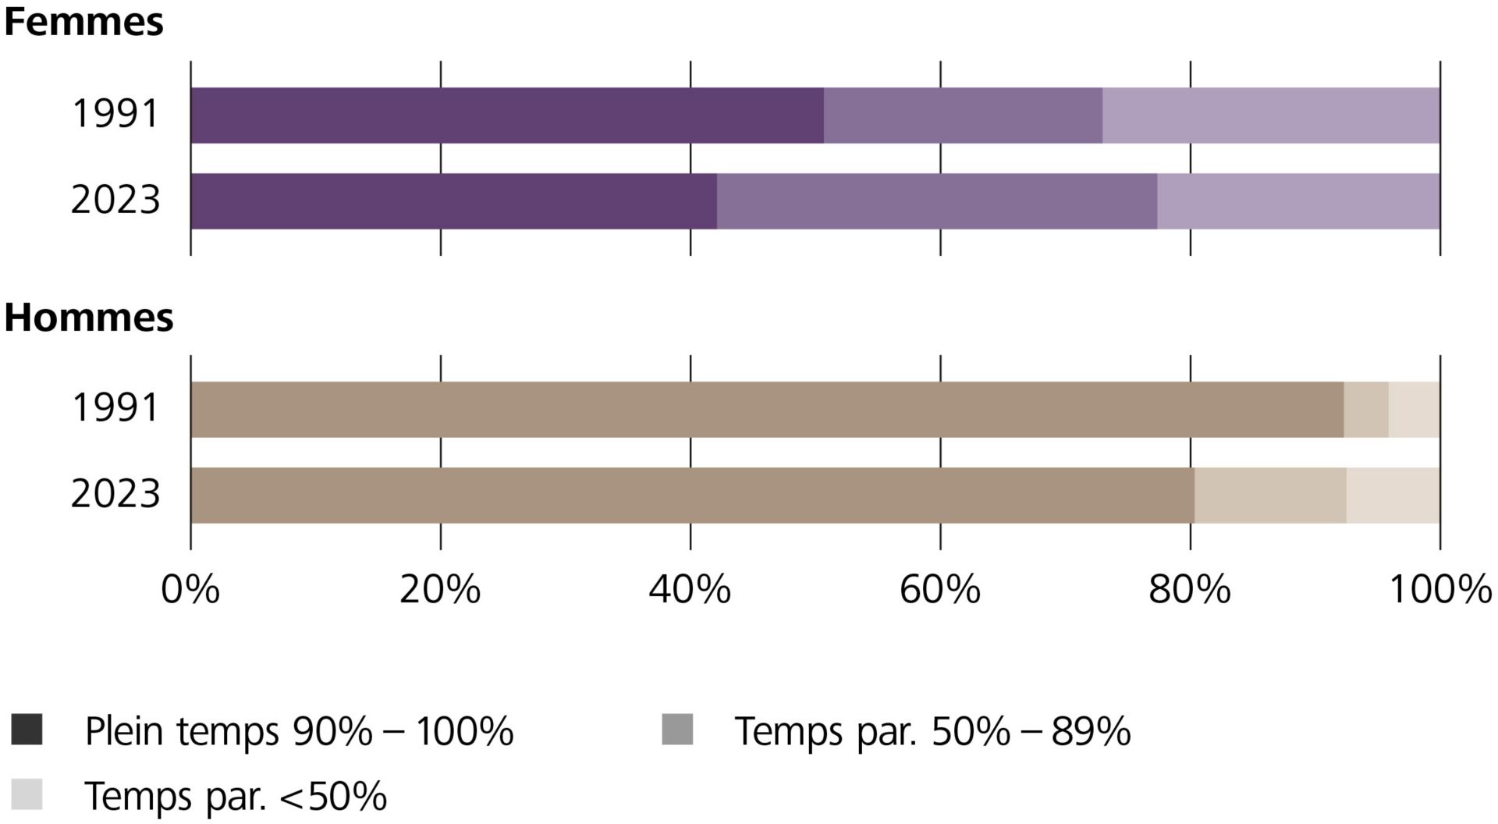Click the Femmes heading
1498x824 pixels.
(83, 22)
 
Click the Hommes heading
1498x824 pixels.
(88, 318)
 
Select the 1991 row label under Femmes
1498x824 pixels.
(115, 114)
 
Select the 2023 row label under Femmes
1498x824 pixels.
(115, 200)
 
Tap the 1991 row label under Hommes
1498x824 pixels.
(115, 408)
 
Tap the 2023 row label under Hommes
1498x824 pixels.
(115, 494)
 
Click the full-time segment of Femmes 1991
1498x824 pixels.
(507, 115)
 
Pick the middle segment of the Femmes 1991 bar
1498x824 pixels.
(963, 115)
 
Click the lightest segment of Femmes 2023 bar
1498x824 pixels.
(1298, 201)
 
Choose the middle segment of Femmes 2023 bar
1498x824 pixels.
(936, 201)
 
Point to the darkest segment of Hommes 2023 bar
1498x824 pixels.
(692, 495)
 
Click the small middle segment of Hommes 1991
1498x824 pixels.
(1365, 410)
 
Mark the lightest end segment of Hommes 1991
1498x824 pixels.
(1414, 410)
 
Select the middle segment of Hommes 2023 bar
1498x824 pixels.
(1269, 495)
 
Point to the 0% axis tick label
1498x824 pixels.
(190, 590)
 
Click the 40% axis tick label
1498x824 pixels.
(690, 590)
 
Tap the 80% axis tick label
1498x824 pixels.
(1189, 590)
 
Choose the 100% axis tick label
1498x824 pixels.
(1439, 590)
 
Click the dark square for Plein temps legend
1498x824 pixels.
(27, 730)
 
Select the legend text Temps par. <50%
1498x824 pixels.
(236, 797)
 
